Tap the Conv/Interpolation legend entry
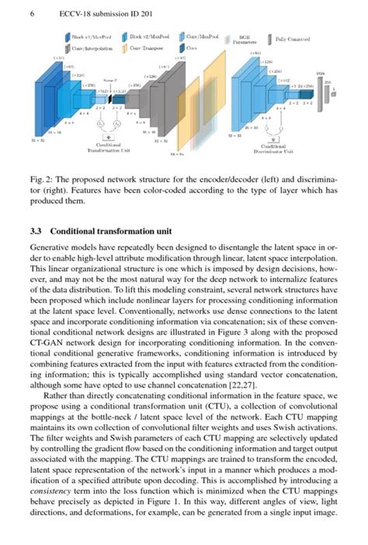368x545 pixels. coord(88,49)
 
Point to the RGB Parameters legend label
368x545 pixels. coord(245,40)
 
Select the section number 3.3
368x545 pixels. coord(34,230)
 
